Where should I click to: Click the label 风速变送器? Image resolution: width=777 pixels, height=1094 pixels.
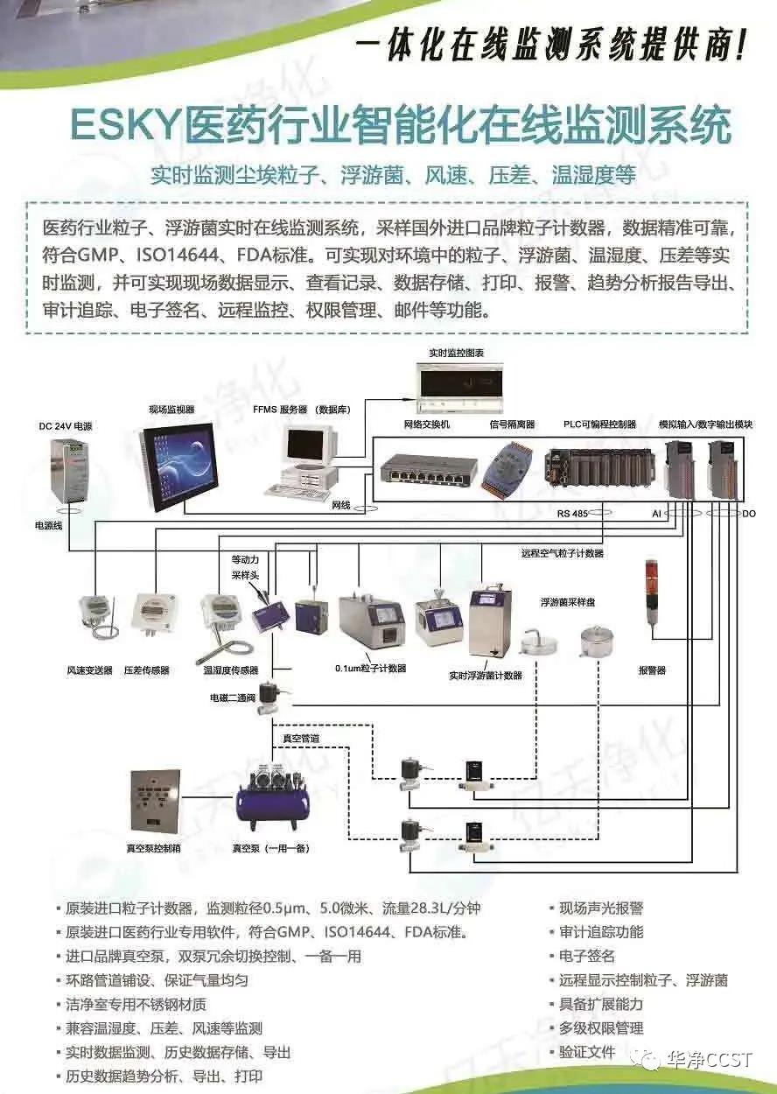(x=90, y=670)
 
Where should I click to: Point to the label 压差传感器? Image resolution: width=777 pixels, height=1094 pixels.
(x=147, y=670)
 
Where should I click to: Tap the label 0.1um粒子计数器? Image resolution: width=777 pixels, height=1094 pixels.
(x=370, y=669)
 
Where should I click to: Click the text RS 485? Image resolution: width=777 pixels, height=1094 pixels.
(x=574, y=515)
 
